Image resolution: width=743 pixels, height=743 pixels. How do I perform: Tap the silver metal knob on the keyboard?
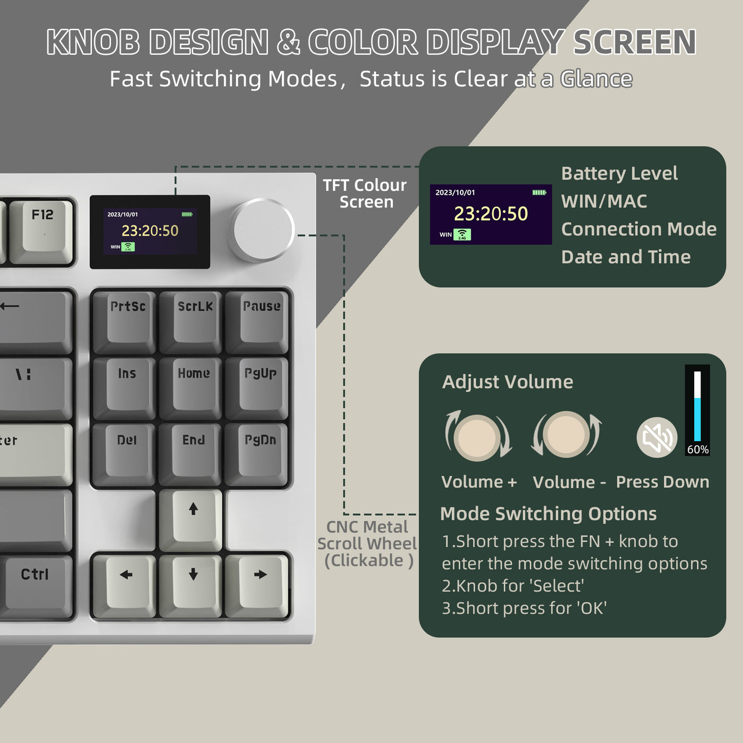pyautogui.click(x=262, y=230)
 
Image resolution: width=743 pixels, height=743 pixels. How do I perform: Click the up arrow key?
pyautogui.click(x=193, y=517)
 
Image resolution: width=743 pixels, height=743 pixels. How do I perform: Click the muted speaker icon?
pyautogui.click(x=657, y=438)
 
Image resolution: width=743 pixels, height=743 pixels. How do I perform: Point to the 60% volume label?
pyautogui.click(x=697, y=450)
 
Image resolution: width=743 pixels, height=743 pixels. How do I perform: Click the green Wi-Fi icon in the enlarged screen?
pyautogui.click(x=462, y=235)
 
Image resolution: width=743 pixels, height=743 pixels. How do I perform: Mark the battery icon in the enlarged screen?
pyautogui.click(x=539, y=192)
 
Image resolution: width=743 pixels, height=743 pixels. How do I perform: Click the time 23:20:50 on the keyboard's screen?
pyautogui.click(x=150, y=231)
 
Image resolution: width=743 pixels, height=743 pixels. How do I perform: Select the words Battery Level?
pyautogui.click(x=619, y=174)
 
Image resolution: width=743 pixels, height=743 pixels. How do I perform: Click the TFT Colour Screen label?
pyautogui.click(x=365, y=194)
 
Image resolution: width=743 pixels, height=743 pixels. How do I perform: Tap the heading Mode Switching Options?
pyautogui.click(x=548, y=514)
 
